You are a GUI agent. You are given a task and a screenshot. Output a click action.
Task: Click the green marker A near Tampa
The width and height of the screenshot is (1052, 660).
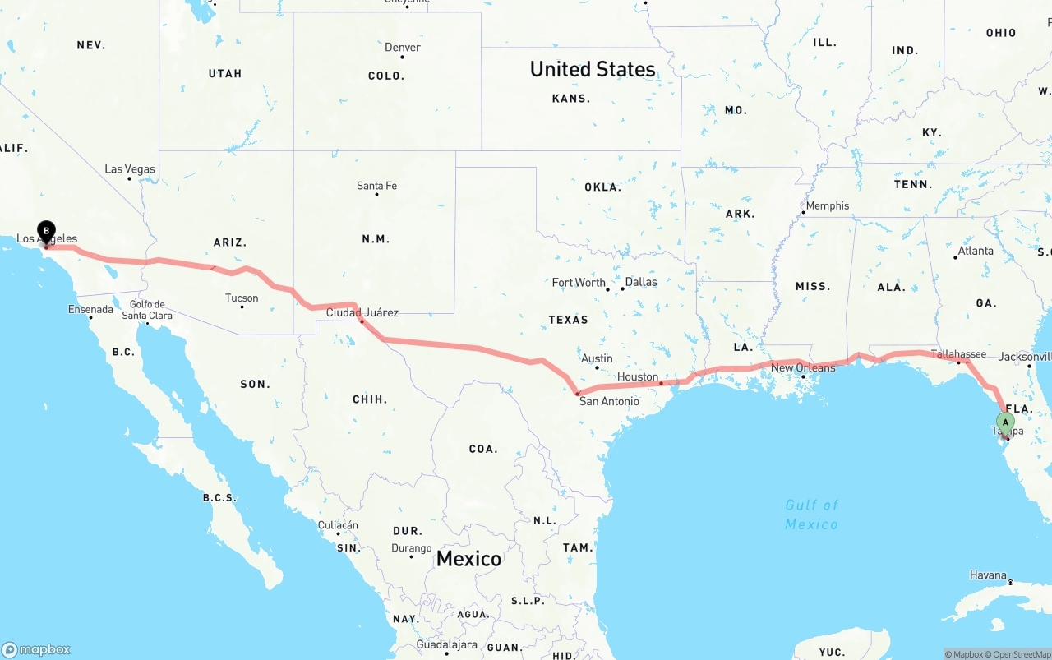coord(1004,422)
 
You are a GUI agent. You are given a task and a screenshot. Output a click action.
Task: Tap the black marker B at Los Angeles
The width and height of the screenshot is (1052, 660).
coord(47,231)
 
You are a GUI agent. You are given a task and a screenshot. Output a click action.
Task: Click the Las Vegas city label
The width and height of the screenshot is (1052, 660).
coord(130,169)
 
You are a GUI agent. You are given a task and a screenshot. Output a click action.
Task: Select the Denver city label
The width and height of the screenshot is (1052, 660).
coord(403,48)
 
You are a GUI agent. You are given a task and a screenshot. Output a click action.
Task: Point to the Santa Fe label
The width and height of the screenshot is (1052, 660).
coord(376,186)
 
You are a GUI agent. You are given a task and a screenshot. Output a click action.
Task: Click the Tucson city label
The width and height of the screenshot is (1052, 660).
coord(242,298)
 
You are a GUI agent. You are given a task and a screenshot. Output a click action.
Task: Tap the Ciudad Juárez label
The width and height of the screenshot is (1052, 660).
coord(362,312)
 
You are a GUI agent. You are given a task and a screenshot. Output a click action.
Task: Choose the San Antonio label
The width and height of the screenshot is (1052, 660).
coord(609,401)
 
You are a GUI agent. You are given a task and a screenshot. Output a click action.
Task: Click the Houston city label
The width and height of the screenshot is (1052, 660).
coord(638,377)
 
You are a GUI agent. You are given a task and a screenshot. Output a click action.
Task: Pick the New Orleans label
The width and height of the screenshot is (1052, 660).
coord(803,367)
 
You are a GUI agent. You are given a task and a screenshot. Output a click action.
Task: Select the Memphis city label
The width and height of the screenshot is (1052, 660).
coord(828,205)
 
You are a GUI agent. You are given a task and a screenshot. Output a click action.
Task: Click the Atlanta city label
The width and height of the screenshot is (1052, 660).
coord(976,251)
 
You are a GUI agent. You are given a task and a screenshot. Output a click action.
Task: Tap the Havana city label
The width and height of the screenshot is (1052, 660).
coord(988,575)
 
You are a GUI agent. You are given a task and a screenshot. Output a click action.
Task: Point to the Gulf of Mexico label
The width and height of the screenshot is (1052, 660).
coord(811,515)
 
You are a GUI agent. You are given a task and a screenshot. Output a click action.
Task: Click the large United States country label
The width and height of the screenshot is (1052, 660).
coord(593,69)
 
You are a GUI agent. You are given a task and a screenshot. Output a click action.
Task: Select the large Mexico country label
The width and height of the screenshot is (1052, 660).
coord(468,559)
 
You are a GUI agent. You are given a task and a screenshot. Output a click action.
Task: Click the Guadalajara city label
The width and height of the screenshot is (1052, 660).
coord(446,645)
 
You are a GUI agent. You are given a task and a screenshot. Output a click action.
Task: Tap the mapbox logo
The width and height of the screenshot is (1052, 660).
coord(36,649)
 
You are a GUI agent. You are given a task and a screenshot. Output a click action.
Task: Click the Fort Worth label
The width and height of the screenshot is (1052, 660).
coord(579,282)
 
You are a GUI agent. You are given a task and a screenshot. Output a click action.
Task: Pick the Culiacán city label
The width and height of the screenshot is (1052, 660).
coord(338,525)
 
